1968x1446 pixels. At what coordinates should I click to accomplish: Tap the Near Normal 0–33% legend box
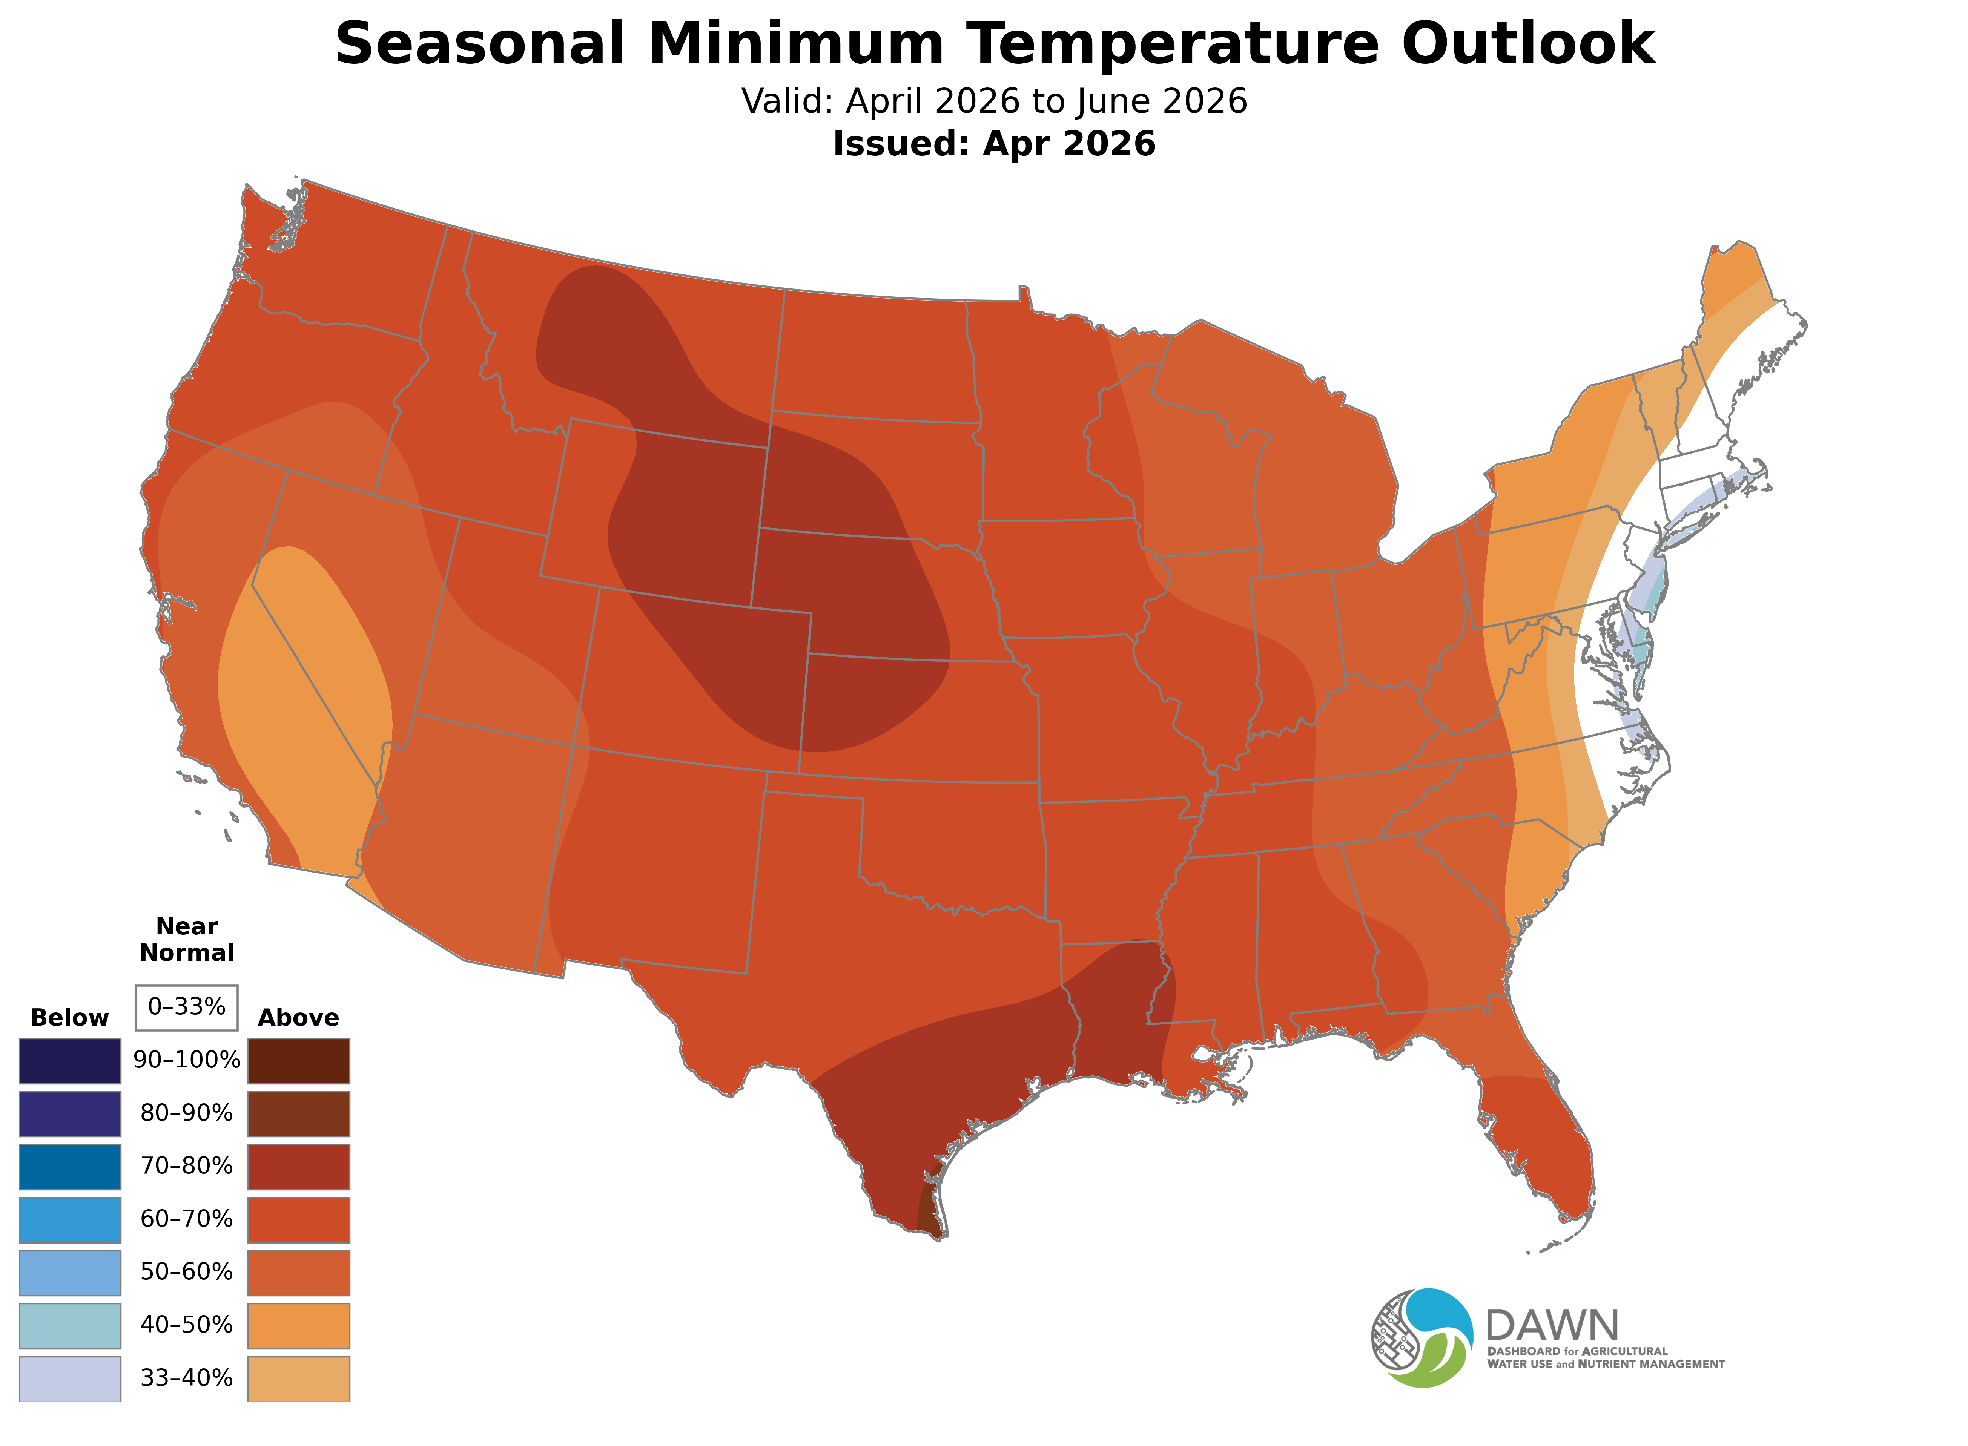pyautogui.click(x=186, y=1007)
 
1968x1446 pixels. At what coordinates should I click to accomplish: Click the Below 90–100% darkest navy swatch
pyautogui.click(x=70, y=1061)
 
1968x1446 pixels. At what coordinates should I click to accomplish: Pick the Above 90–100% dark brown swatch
pyautogui.click(x=299, y=1061)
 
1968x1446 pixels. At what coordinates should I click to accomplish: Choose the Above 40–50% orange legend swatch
pyautogui.click(x=299, y=1326)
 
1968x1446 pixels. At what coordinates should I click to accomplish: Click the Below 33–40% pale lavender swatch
pyautogui.click(x=70, y=1379)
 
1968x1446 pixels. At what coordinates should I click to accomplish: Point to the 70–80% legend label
pyautogui.click(x=186, y=1167)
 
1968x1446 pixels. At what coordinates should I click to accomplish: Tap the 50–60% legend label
pyautogui.click(x=186, y=1273)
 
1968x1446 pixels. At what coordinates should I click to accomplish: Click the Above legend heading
pyautogui.click(x=299, y=1018)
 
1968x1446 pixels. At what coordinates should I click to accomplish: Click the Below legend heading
pyautogui.click(x=70, y=1018)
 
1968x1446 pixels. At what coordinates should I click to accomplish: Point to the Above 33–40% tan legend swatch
pyautogui.click(x=299, y=1379)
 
